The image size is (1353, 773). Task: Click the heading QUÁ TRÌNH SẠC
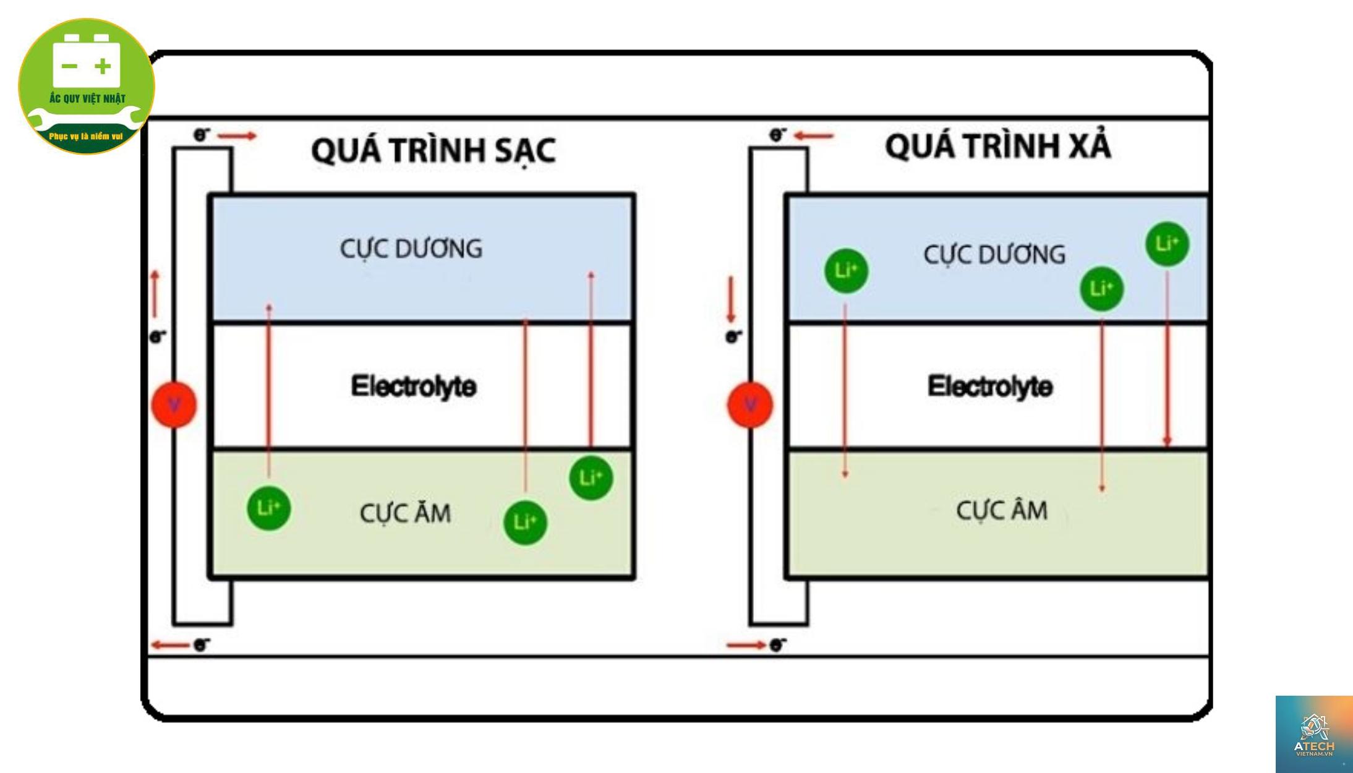click(433, 150)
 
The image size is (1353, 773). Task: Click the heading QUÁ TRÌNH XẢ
click(997, 146)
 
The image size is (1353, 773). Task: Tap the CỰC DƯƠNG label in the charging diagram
click(411, 249)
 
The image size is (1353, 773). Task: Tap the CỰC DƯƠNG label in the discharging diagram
click(994, 255)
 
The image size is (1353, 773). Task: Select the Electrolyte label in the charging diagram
click(414, 386)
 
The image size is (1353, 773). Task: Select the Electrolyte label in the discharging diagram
click(990, 386)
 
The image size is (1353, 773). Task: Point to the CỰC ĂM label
click(406, 513)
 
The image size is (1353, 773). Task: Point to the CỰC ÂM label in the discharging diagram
click(1002, 511)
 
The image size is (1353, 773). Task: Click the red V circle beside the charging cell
click(174, 405)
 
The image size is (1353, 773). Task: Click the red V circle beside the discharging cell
click(750, 405)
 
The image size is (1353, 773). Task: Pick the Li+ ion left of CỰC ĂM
click(268, 508)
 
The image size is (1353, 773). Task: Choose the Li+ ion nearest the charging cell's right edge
click(591, 478)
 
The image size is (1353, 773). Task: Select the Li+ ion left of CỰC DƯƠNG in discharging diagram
click(847, 271)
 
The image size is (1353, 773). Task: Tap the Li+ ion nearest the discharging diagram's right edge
click(1167, 244)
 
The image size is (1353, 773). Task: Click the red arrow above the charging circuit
click(237, 136)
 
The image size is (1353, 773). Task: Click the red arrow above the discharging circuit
click(814, 135)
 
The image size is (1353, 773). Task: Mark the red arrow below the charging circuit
click(170, 646)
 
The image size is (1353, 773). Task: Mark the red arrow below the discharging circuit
click(746, 646)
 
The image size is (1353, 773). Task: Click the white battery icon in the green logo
click(87, 61)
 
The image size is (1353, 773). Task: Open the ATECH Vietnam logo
click(1314, 734)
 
